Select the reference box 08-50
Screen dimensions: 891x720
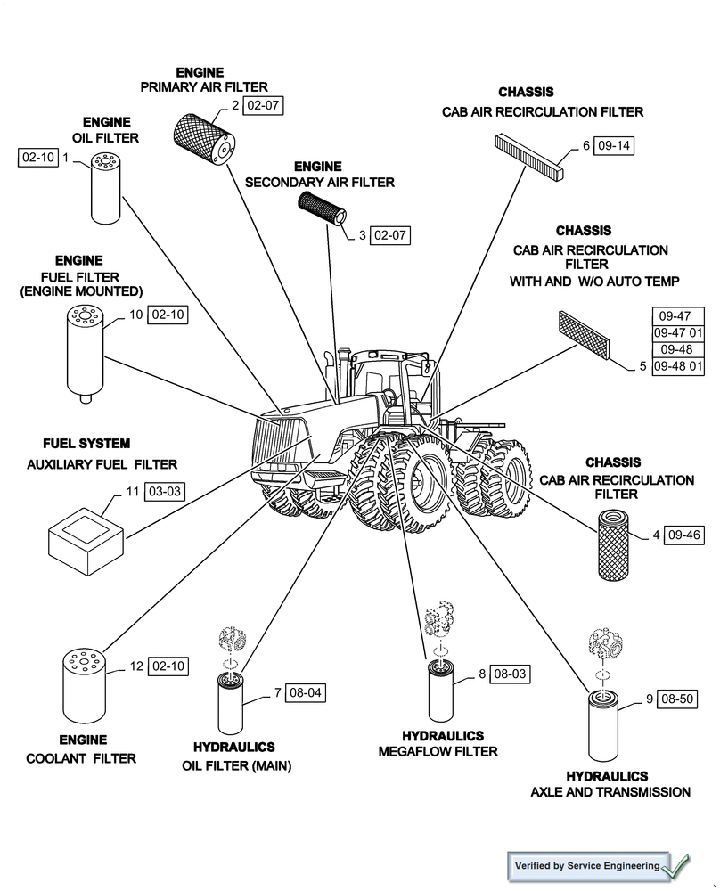pyautogui.click(x=676, y=699)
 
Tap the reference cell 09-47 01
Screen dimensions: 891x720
pyautogui.click(x=681, y=332)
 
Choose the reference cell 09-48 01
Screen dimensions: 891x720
pyautogui.click(x=681, y=366)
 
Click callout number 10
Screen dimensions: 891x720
pyautogui.click(x=135, y=315)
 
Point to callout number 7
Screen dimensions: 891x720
pyautogui.click(x=277, y=692)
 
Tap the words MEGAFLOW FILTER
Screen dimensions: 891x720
pyautogui.click(x=438, y=752)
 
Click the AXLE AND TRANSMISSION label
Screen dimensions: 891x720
pyautogui.click(x=610, y=792)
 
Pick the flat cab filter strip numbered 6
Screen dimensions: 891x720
pyautogui.click(x=528, y=158)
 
